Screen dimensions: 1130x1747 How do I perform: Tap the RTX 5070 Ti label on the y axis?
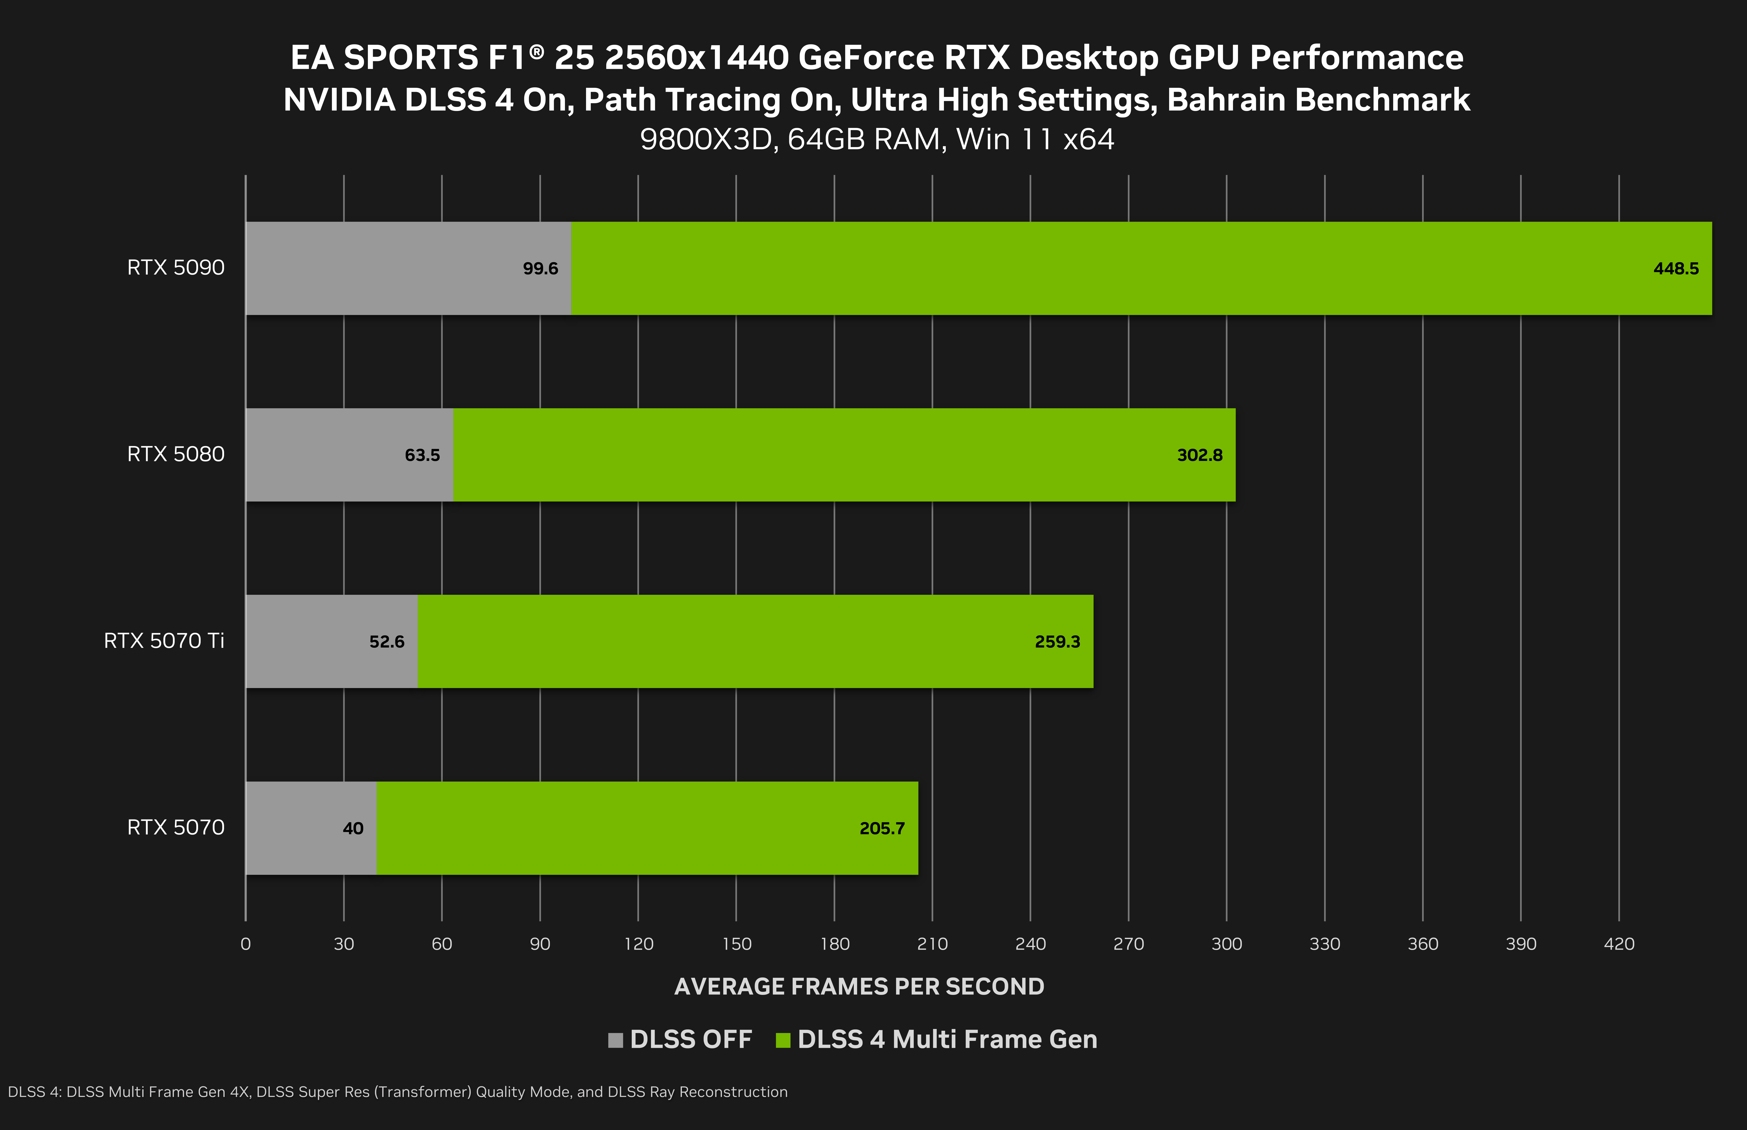[x=164, y=640]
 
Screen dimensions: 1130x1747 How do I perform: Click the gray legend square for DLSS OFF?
[x=615, y=1040]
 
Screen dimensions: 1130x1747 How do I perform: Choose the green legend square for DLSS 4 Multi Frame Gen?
[x=783, y=1040]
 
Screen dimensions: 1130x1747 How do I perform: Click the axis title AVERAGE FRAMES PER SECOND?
[x=859, y=986]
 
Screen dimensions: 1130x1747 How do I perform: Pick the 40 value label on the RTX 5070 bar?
[x=353, y=828]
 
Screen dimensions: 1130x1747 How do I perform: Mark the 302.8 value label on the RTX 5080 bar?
[x=1200, y=455]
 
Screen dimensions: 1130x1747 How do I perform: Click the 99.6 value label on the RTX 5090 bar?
[x=540, y=269]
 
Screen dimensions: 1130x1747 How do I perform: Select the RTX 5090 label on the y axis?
[x=175, y=267]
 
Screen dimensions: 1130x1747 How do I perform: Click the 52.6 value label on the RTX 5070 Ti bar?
[x=387, y=642]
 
